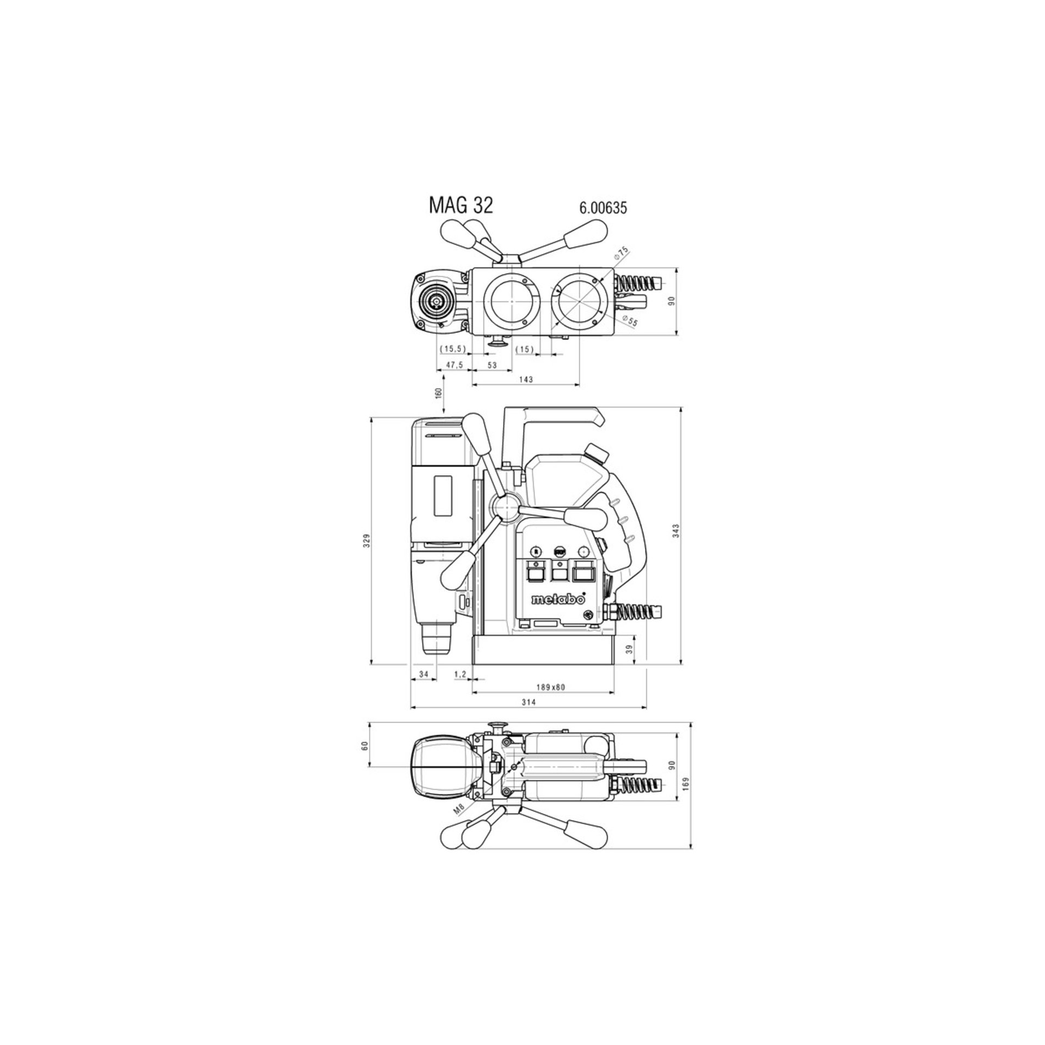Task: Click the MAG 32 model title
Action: click(x=460, y=206)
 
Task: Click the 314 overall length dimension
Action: click(x=528, y=702)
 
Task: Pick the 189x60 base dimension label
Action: click(x=550, y=687)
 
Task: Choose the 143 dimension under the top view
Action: click(x=526, y=379)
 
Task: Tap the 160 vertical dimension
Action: click(x=439, y=392)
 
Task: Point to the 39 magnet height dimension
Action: click(x=630, y=649)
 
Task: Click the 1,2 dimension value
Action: click(x=460, y=674)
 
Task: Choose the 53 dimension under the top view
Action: click(x=492, y=365)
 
